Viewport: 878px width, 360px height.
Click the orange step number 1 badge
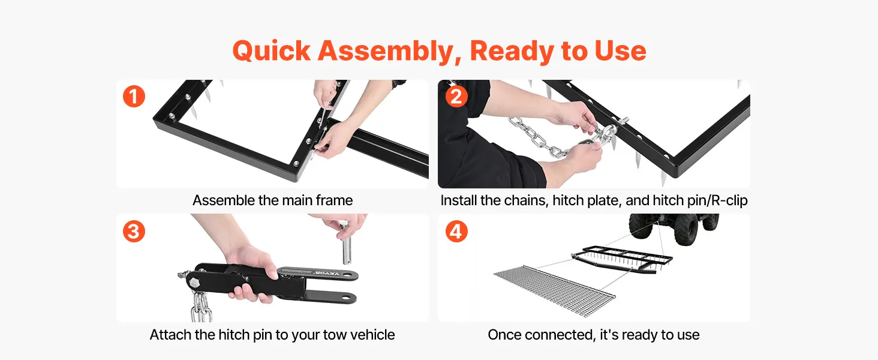[134, 97]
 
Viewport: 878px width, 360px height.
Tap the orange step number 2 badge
[456, 97]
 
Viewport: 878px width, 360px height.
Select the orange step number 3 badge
[134, 231]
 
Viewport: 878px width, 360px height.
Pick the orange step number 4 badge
[456, 231]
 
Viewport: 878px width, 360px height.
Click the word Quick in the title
[271, 52]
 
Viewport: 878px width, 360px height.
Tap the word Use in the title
[620, 51]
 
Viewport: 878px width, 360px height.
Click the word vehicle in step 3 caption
[372, 335]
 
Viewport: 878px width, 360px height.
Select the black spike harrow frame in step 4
[622, 259]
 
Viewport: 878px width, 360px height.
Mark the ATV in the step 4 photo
[674, 229]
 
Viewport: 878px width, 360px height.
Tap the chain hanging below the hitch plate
[202, 307]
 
